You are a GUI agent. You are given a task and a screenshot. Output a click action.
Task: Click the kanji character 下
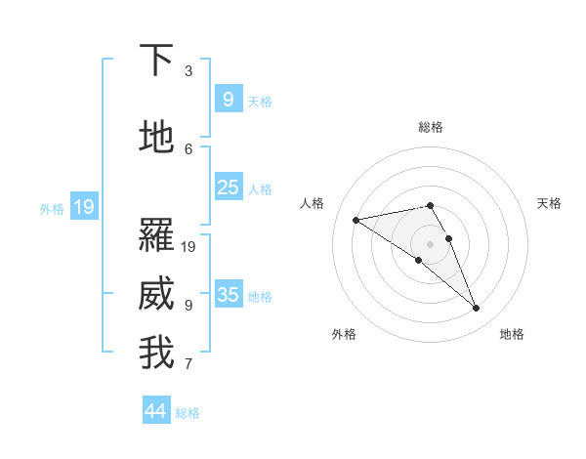[x=157, y=61]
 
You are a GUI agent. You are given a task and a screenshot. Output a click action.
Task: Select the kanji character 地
[x=157, y=137]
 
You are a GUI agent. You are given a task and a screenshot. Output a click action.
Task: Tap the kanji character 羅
[x=157, y=234]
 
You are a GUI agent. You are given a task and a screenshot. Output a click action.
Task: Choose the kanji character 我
[x=157, y=353]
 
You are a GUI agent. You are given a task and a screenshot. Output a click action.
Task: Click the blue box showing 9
[x=228, y=99]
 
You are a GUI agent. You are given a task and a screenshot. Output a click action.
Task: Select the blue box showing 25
[x=228, y=188]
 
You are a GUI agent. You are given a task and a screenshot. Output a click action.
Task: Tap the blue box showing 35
[x=228, y=294]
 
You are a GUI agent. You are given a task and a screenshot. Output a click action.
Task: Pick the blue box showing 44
[x=156, y=411]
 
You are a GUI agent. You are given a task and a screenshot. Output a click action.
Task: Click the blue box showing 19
[x=83, y=206]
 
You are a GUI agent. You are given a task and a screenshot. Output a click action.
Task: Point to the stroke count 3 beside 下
[x=188, y=71]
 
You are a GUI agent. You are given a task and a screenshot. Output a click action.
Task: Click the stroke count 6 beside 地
[x=188, y=148]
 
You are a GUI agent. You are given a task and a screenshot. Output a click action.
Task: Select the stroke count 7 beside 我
[x=188, y=364]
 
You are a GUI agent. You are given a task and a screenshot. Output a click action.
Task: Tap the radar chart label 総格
[x=431, y=127]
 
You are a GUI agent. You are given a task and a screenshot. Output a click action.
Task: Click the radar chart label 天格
[x=550, y=203]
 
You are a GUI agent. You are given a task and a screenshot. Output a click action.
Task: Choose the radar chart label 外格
[x=344, y=334]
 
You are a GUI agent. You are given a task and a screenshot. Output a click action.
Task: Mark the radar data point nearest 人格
[x=356, y=220]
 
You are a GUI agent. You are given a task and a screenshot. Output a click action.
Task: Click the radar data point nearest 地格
[x=477, y=309]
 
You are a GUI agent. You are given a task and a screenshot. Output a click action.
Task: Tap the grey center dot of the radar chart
[x=430, y=243]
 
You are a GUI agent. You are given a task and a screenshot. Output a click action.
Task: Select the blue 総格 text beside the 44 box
[x=188, y=413]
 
